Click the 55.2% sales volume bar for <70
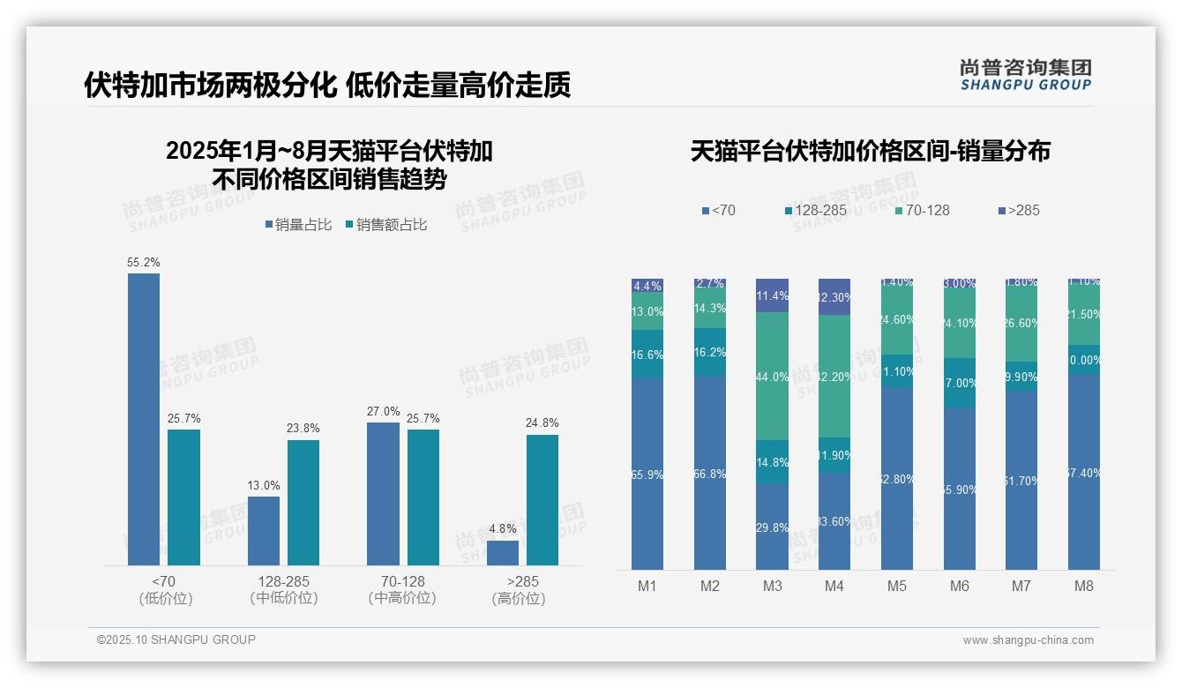click(144, 419)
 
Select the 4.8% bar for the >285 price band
click(503, 553)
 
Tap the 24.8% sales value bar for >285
click(542, 500)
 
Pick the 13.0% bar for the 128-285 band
click(264, 531)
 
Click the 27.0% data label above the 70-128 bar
click(383, 411)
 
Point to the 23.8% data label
click(303, 429)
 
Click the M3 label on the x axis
click(772, 586)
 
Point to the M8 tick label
click(1084, 586)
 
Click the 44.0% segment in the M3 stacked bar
click(772, 377)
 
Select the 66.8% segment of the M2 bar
click(710, 474)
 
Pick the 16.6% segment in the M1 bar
click(647, 355)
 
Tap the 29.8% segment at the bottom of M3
click(772, 527)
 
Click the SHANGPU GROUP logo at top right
click(1025, 75)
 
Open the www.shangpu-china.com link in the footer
click(1028, 640)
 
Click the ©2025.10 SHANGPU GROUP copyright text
click(176, 639)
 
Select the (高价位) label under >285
click(519, 599)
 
